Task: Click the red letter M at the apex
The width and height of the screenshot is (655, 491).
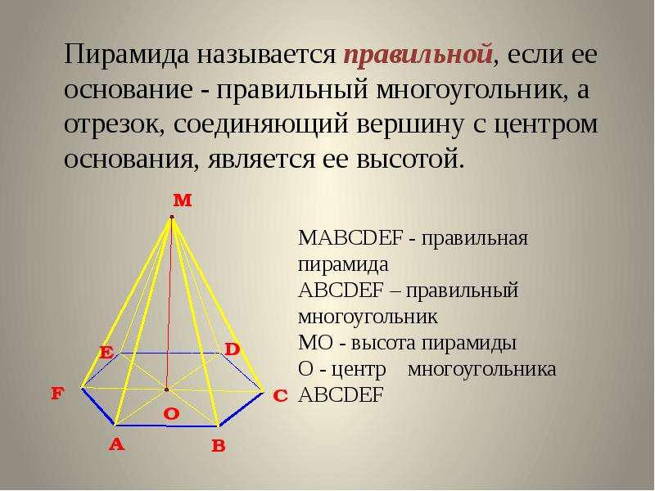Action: pyautogui.click(x=183, y=200)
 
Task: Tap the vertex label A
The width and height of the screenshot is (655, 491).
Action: pyautogui.click(x=116, y=444)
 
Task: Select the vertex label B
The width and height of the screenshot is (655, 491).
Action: pyautogui.click(x=219, y=446)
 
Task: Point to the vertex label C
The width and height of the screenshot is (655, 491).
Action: pyautogui.click(x=280, y=396)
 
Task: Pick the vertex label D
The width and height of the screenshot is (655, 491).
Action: pyautogui.click(x=233, y=349)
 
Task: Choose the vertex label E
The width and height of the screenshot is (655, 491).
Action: pyautogui.click(x=106, y=353)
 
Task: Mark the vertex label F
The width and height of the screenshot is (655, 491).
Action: pyautogui.click(x=57, y=393)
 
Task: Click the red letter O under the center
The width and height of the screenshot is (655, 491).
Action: pyautogui.click(x=171, y=414)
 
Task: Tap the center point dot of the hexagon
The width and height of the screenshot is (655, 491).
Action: pyautogui.click(x=166, y=390)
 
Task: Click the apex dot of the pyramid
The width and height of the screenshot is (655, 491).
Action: pyautogui.click(x=172, y=217)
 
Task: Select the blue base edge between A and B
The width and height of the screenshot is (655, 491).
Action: pyautogui.click(x=166, y=426)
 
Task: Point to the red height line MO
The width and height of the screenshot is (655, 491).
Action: pyautogui.click(x=169, y=303)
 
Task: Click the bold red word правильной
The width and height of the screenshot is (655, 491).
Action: pyautogui.click(x=418, y=55)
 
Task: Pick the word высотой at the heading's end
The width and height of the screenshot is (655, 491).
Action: pyautogui.click(x=410, y=160)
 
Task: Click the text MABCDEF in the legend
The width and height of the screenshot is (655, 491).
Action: pyautogui.click(x=350, y=238)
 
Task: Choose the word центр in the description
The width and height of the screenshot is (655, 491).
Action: pyautogui.click(x=359, y=371)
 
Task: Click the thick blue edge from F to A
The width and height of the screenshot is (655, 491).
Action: pyautogui.click(x=98, y=407)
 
